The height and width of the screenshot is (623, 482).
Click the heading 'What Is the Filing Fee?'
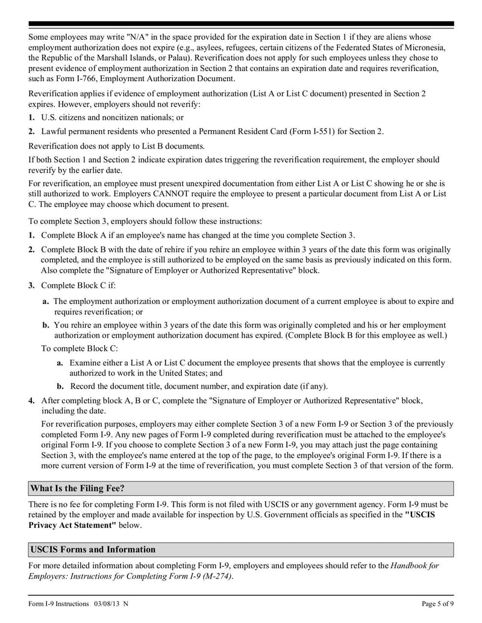(77, 488)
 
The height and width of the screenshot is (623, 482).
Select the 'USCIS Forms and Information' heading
(92, 549)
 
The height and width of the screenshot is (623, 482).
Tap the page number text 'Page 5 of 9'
(437, 603)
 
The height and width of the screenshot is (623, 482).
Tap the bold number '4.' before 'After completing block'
(31, 400)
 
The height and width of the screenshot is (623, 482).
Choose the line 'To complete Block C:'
(80, 348)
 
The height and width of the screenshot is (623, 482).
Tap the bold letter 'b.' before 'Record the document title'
(60, 386)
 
